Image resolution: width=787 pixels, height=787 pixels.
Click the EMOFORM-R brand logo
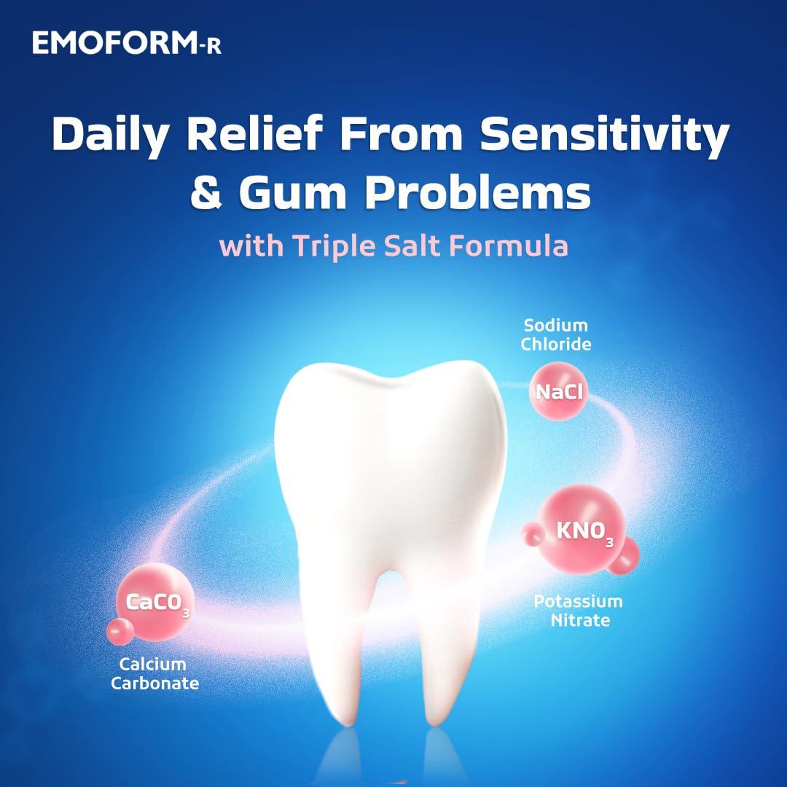pyautogui.click(x=127, y=43)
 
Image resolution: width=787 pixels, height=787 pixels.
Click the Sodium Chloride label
pyautogui.click(x=555, y=334)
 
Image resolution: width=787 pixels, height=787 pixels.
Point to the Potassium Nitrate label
pyautogui.click(x=578, y=611)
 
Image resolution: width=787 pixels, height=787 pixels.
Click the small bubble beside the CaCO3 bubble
pyautogui.click(x=120, y=632)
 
